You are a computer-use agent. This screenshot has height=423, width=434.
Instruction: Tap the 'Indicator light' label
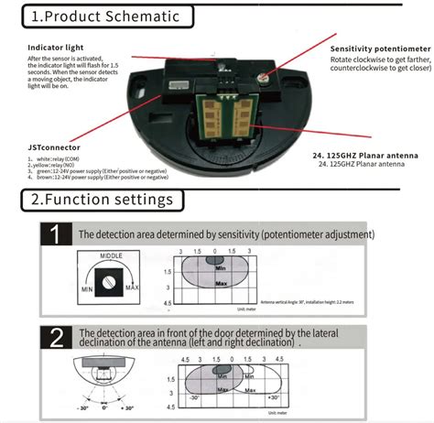[56, 47]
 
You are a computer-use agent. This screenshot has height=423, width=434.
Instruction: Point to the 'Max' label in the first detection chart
[221, 284]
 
